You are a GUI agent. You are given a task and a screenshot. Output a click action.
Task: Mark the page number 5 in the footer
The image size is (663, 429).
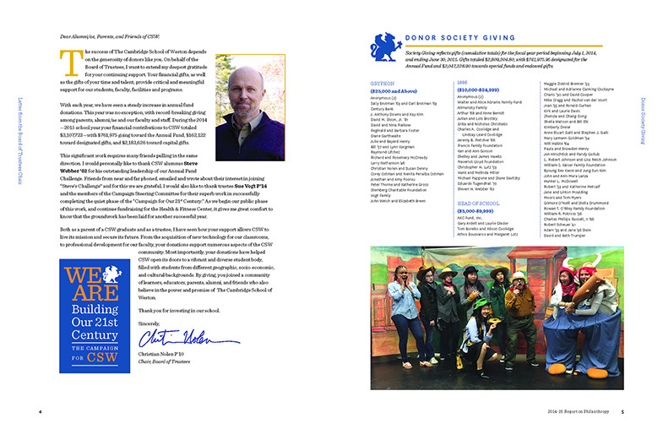pyautogui.click(x=622, y=413)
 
